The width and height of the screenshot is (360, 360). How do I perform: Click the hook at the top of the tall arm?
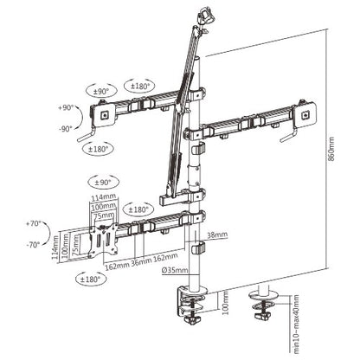click(x=204, y=15)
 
